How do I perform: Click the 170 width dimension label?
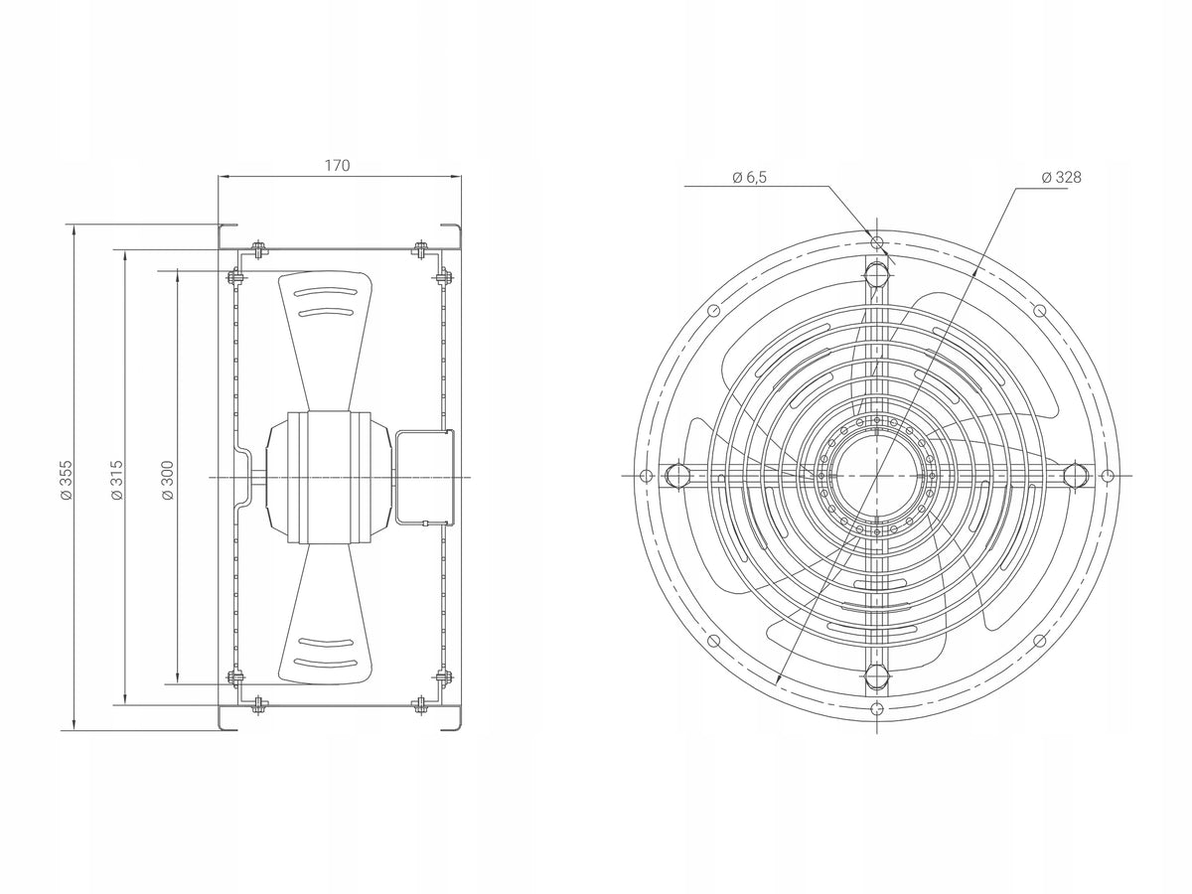(x=337, y=165)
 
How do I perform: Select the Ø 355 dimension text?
(x=66, y=481)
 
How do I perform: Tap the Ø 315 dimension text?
(x=117, y=481)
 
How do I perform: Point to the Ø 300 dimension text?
(x=168, y=481)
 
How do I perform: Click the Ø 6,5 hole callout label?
(x=749, y=178)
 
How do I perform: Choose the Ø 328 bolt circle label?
(x=1061, y=178)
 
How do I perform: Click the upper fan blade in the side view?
(x=325, y=341)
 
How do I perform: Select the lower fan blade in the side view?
(x=325, y=614)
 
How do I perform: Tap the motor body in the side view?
(x=329, y=477)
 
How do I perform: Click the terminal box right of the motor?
(x=425, y=477)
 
